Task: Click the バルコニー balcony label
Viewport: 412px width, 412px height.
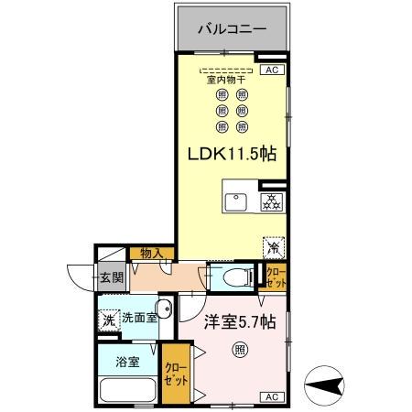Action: click(233, 29)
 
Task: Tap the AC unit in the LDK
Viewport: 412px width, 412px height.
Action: click(272, 70)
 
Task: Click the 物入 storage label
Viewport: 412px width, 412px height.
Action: click(150, 254)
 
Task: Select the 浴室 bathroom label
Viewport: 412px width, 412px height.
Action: click(127, 362)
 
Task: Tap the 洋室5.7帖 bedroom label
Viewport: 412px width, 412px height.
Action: click(232, 321)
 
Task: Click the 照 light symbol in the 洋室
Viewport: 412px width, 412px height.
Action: click(239, 349)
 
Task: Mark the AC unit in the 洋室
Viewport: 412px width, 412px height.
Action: click(272, 396)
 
